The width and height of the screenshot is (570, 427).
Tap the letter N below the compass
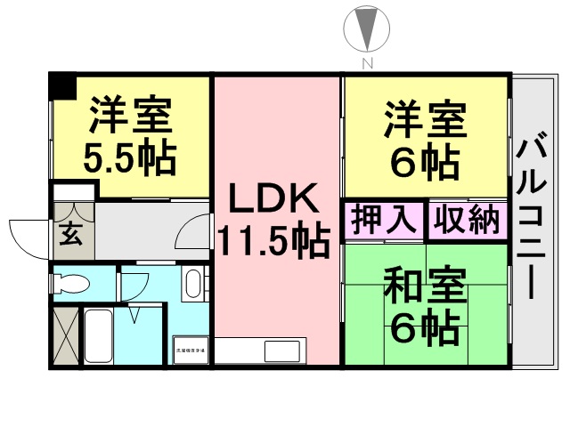365,63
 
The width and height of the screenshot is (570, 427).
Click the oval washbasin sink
191,285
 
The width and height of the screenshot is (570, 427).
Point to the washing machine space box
191,350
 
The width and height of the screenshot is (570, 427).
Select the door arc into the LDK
193,234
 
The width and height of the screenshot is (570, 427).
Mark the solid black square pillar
61,87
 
